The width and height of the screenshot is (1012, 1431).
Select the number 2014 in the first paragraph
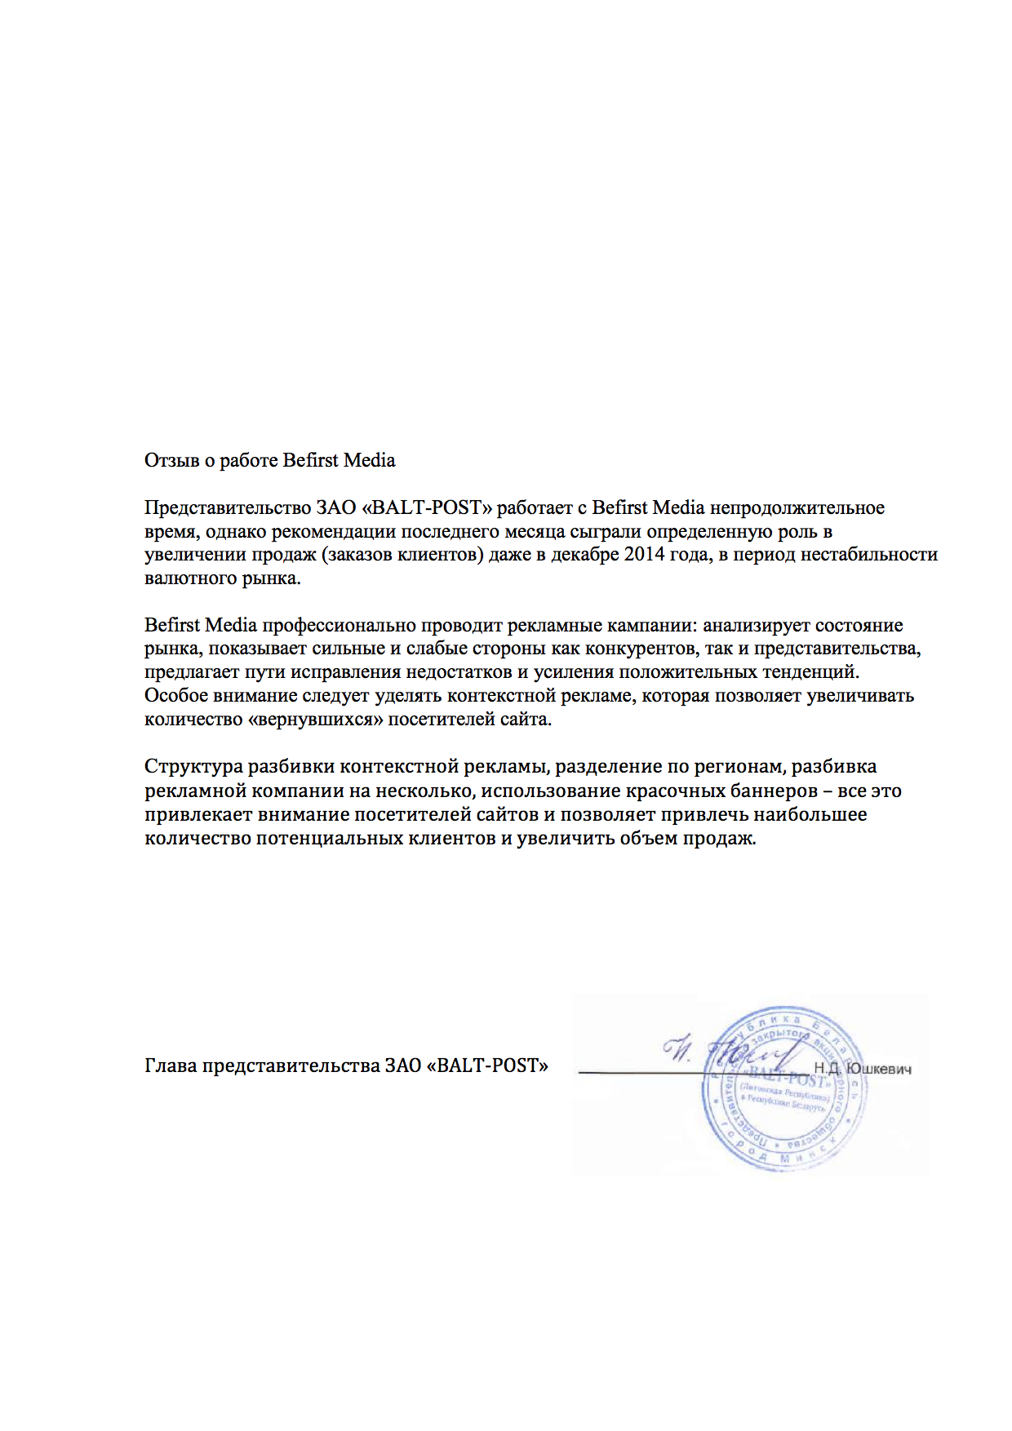[645, 555]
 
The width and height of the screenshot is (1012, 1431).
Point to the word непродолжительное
[797, 507]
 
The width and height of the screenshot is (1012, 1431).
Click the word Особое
[172, 696]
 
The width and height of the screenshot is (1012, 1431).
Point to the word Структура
[193, 767]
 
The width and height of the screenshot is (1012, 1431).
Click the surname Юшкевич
[879, 1069]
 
